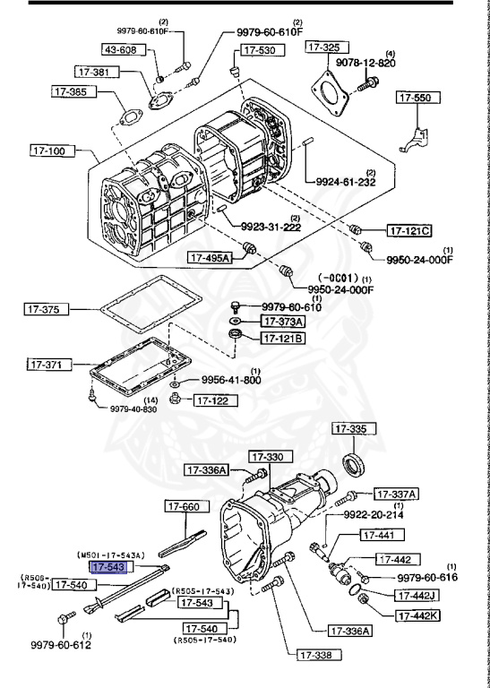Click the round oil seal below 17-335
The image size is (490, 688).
354,466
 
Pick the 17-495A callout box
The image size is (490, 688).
210,258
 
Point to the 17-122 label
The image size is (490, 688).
214,400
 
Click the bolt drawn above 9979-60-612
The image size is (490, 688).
64,618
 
